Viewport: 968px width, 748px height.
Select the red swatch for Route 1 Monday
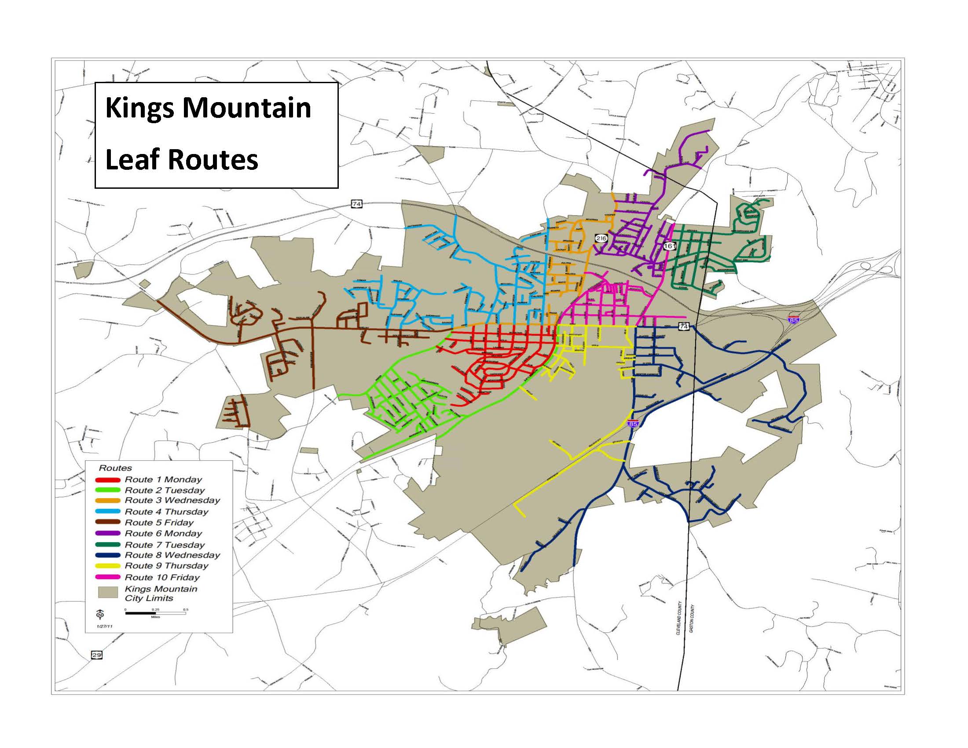(108, 480)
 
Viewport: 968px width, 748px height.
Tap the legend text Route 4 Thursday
(166, 512)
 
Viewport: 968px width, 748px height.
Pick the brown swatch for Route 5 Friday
(108, 523)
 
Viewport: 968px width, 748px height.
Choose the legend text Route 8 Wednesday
(172, 555)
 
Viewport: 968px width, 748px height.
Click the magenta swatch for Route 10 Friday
(108, 577)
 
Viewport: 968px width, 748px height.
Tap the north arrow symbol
(100, 614)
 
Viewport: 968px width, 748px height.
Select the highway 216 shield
(601, 238)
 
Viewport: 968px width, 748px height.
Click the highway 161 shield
(669, 246)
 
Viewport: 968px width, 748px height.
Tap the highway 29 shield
(97, 655)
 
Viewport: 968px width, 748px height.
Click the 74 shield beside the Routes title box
(356, 204)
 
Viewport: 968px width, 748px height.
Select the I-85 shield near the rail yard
(793, 319)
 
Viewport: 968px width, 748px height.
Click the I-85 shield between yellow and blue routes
(633, 423)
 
